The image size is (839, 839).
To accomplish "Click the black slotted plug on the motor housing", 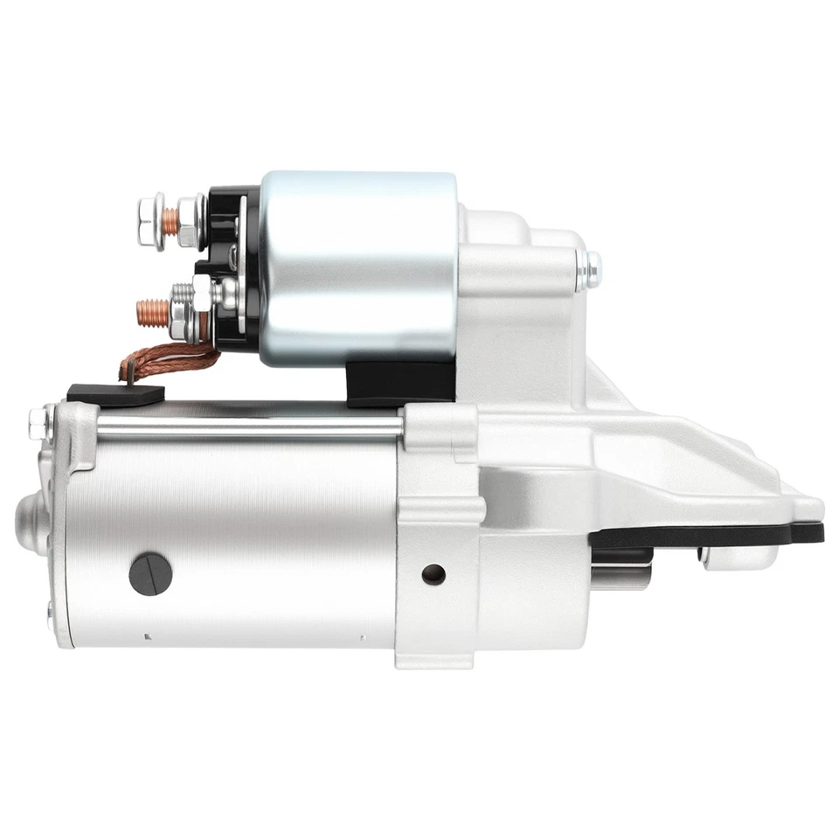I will click(x=150, y=573).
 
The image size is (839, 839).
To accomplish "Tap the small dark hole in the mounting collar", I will click(x=433, y=574).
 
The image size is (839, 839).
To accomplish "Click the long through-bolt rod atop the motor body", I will click(x=249, y=426).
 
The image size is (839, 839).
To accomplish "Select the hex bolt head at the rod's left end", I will click(x=38, y=424).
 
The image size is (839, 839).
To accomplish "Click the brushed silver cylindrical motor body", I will click(x=236, y=542).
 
